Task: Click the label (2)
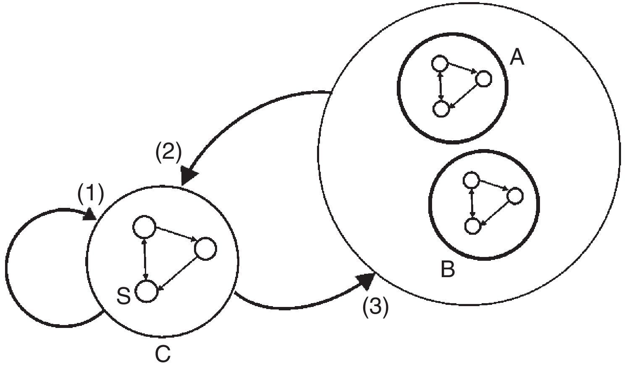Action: (x=168, y=153)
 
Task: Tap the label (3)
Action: (x=376, y=307)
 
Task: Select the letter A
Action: (x=517, y=57)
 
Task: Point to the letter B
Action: (x=448, y=269)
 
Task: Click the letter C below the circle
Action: (x=163, y=354)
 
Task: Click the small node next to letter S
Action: (x=146, y=291)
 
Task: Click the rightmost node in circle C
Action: (x=205, y=249)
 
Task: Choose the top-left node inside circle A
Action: (x=439, y=64)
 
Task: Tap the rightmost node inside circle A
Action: (x=483, y=79)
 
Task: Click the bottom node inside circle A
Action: (x=440, y=109)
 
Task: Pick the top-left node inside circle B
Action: (x=471, y=181)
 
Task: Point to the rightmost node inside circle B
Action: (x=514, y=196)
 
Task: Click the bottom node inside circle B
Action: (x=473, y=226)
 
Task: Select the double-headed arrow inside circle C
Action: (x=145, y=260)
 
